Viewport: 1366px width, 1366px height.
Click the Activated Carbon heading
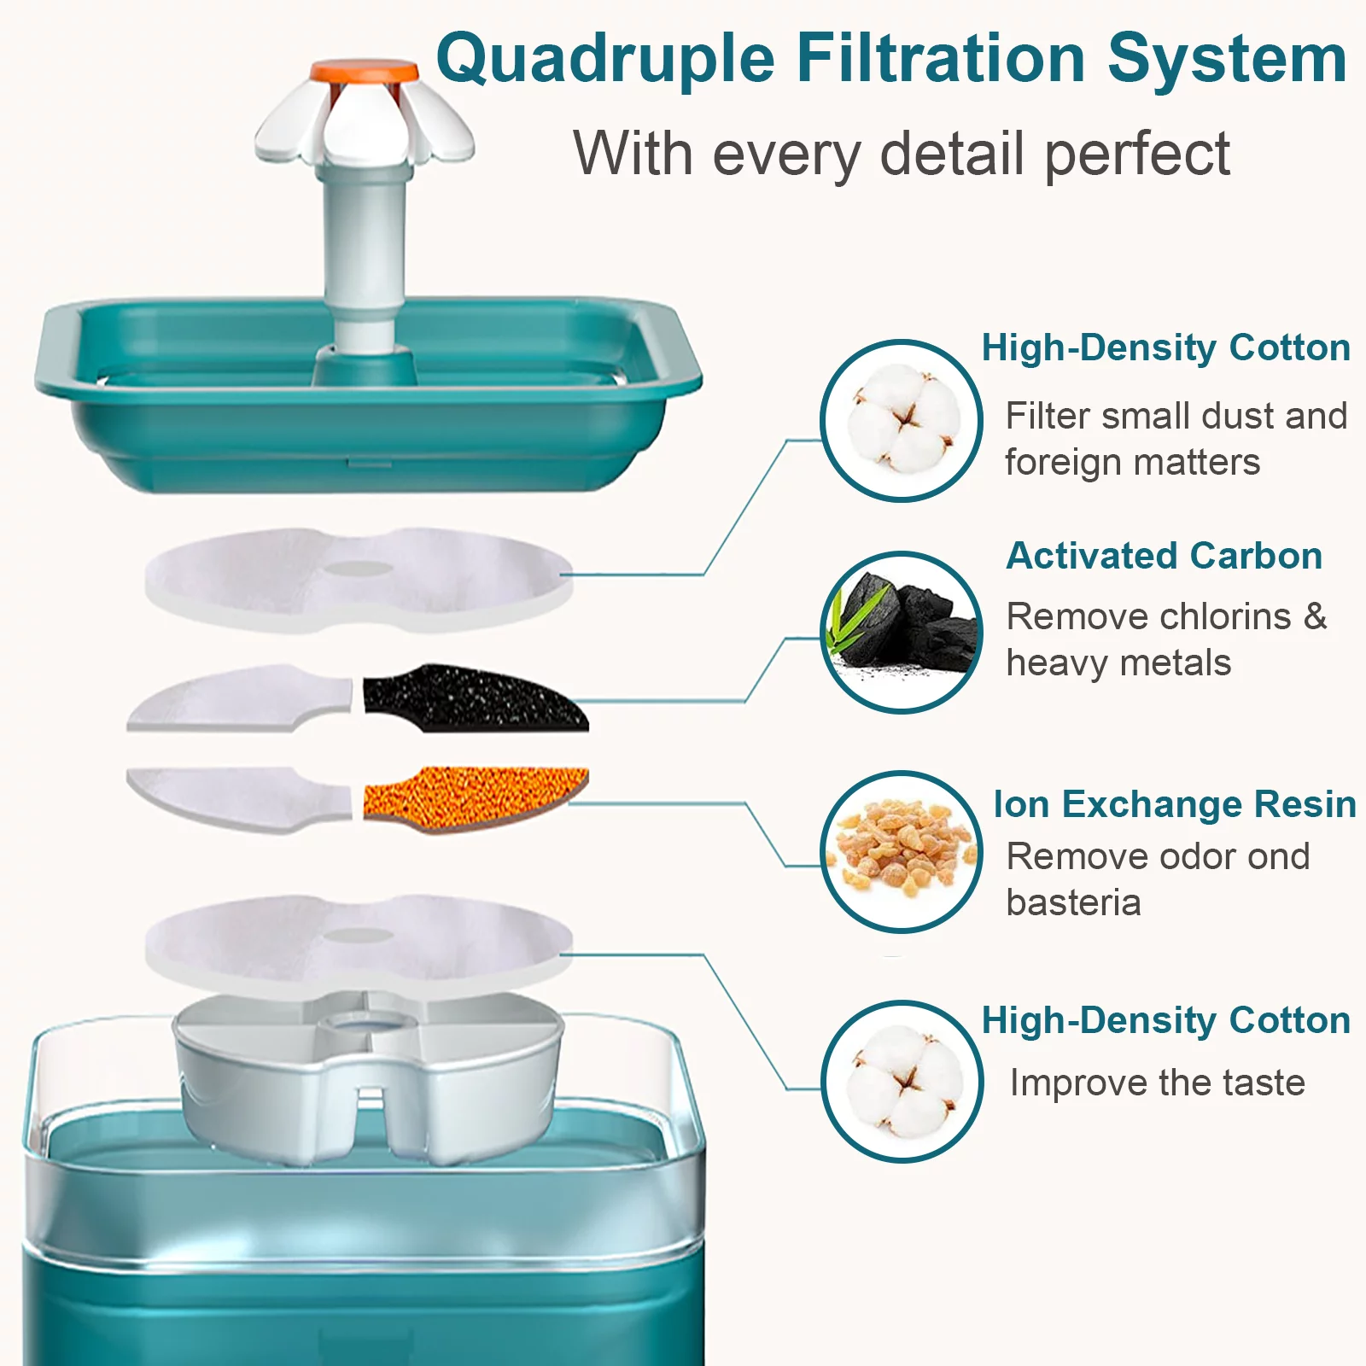1164,556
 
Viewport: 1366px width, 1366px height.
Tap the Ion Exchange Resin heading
1174,804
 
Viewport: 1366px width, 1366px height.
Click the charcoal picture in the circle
902,632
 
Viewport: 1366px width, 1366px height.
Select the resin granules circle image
902,852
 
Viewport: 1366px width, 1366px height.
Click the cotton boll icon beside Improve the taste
902,1081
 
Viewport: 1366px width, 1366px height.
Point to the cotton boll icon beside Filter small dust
902,420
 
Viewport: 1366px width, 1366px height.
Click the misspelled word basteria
1073,902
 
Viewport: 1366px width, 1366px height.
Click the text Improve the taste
1157,1083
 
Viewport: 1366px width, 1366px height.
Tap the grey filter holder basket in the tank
367,1084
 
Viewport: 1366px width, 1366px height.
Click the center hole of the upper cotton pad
360,569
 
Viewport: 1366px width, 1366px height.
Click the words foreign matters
1131,463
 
